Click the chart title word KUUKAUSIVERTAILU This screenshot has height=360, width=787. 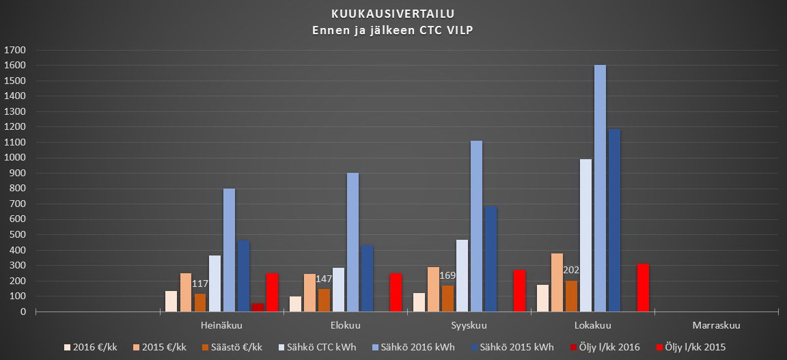click(393, 13)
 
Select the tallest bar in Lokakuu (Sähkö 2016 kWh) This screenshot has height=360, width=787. click(600, 188)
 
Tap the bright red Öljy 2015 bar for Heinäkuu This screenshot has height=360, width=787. click(272, 292)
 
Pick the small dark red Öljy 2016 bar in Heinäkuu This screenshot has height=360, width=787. click(258, 307)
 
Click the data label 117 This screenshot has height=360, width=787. click(199, 283)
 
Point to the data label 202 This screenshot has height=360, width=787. click(571, 270)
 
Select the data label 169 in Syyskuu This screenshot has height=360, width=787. click(447, 275)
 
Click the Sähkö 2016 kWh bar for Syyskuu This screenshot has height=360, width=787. click(476, 226)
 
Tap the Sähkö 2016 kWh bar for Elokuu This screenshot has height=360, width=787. click(353, 242)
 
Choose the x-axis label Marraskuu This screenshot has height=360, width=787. click(716, 324)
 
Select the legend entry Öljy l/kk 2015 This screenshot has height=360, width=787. click(692, 347)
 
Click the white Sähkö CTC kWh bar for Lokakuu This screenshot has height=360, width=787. click(585, 235)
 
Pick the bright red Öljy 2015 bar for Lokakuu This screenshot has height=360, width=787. click(643, 288)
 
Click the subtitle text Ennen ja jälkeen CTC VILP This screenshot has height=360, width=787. click(393, 29)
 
